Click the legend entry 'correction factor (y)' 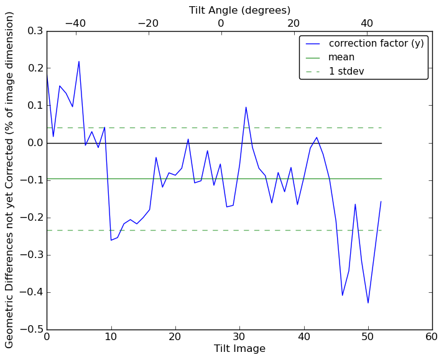(376, 44)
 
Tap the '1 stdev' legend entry (346, 72)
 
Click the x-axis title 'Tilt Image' (239, 349)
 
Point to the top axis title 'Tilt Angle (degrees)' (239, 10)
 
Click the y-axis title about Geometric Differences (10, 180)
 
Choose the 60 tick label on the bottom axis (432, 338)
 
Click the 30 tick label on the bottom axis (239, 338)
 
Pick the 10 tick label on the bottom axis (111, 338)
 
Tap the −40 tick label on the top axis (75, 23)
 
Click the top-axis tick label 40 (366, 23)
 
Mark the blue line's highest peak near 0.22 (79, 61)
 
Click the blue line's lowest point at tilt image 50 (368, 303)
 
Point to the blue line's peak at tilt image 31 (246, 107)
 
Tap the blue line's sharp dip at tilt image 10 (111, 240)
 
